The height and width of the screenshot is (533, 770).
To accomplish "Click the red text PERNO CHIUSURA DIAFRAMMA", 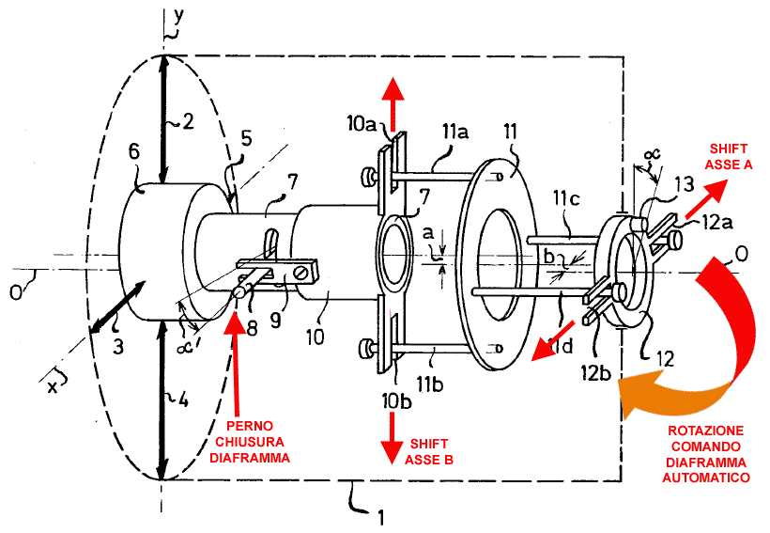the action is (250, 442).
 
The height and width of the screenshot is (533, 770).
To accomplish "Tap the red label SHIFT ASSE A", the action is (729, 156).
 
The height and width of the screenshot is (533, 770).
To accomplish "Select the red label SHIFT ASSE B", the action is (429, 452).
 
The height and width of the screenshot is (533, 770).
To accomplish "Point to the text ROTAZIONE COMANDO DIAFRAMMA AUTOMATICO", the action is (706, 454).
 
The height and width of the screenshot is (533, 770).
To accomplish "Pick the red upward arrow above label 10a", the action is (393, 104).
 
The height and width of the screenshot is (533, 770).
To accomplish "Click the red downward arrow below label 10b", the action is (392, 438).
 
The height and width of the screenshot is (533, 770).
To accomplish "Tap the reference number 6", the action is (134, 151).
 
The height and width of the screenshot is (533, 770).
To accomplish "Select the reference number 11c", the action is (566, 197).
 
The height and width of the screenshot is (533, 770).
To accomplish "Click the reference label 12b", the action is (595, 373).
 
